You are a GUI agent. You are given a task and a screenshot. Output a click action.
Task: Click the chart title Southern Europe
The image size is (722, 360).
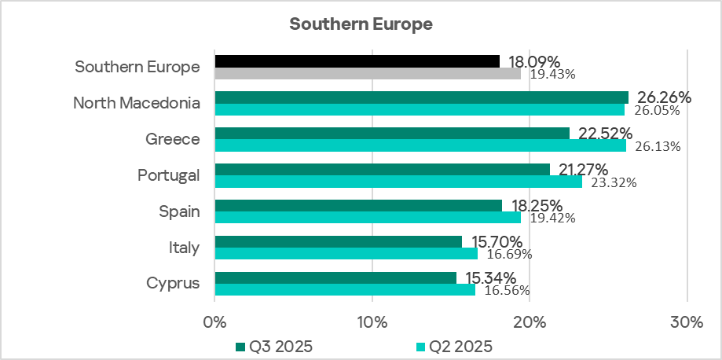pyautogui.click(x=361, y=24)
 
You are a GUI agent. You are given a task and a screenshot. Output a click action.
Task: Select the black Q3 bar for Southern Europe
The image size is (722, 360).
pyautogui.click(x=357, y=61)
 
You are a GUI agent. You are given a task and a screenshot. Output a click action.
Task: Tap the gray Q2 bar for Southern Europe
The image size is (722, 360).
pyautogui.click(x=367, y=73)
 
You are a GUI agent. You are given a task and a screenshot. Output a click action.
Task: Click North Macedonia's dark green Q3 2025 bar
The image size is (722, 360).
pyautogui.click(x=421, y=97)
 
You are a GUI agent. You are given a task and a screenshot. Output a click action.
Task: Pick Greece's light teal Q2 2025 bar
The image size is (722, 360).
pyautogui.click(x=420, y=145)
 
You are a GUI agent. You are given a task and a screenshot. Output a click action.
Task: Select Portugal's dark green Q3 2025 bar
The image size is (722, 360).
pyautogui.click(x=382, y=169)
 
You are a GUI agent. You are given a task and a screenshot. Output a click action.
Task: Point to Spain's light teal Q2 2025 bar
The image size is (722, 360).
pyautogui.click(x=367, y=218)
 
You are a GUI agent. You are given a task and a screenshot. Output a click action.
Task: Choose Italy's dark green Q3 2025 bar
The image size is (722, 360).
pyautogui.click(x=338, y=241)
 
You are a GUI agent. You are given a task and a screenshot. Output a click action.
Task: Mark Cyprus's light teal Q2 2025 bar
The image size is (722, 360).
pyautogui.click(x=344, y=289)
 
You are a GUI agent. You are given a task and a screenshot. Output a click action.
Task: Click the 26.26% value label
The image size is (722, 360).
pyautogui.click(x=664, y=97)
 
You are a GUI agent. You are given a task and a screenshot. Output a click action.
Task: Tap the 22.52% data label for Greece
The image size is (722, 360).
pyautogui.click(x=605, y=133)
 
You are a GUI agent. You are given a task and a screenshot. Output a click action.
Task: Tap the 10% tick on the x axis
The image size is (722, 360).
pyautogui.click(x=372, y=321)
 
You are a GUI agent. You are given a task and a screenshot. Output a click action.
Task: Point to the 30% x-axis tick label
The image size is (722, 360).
pyautogui.click(x=687, y=321)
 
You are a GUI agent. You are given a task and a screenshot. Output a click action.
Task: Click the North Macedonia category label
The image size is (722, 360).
pyautogui.click(x=136, y=103)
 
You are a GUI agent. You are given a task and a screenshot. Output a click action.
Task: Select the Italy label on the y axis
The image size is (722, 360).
pyautogui.click(x=183, y=248)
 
